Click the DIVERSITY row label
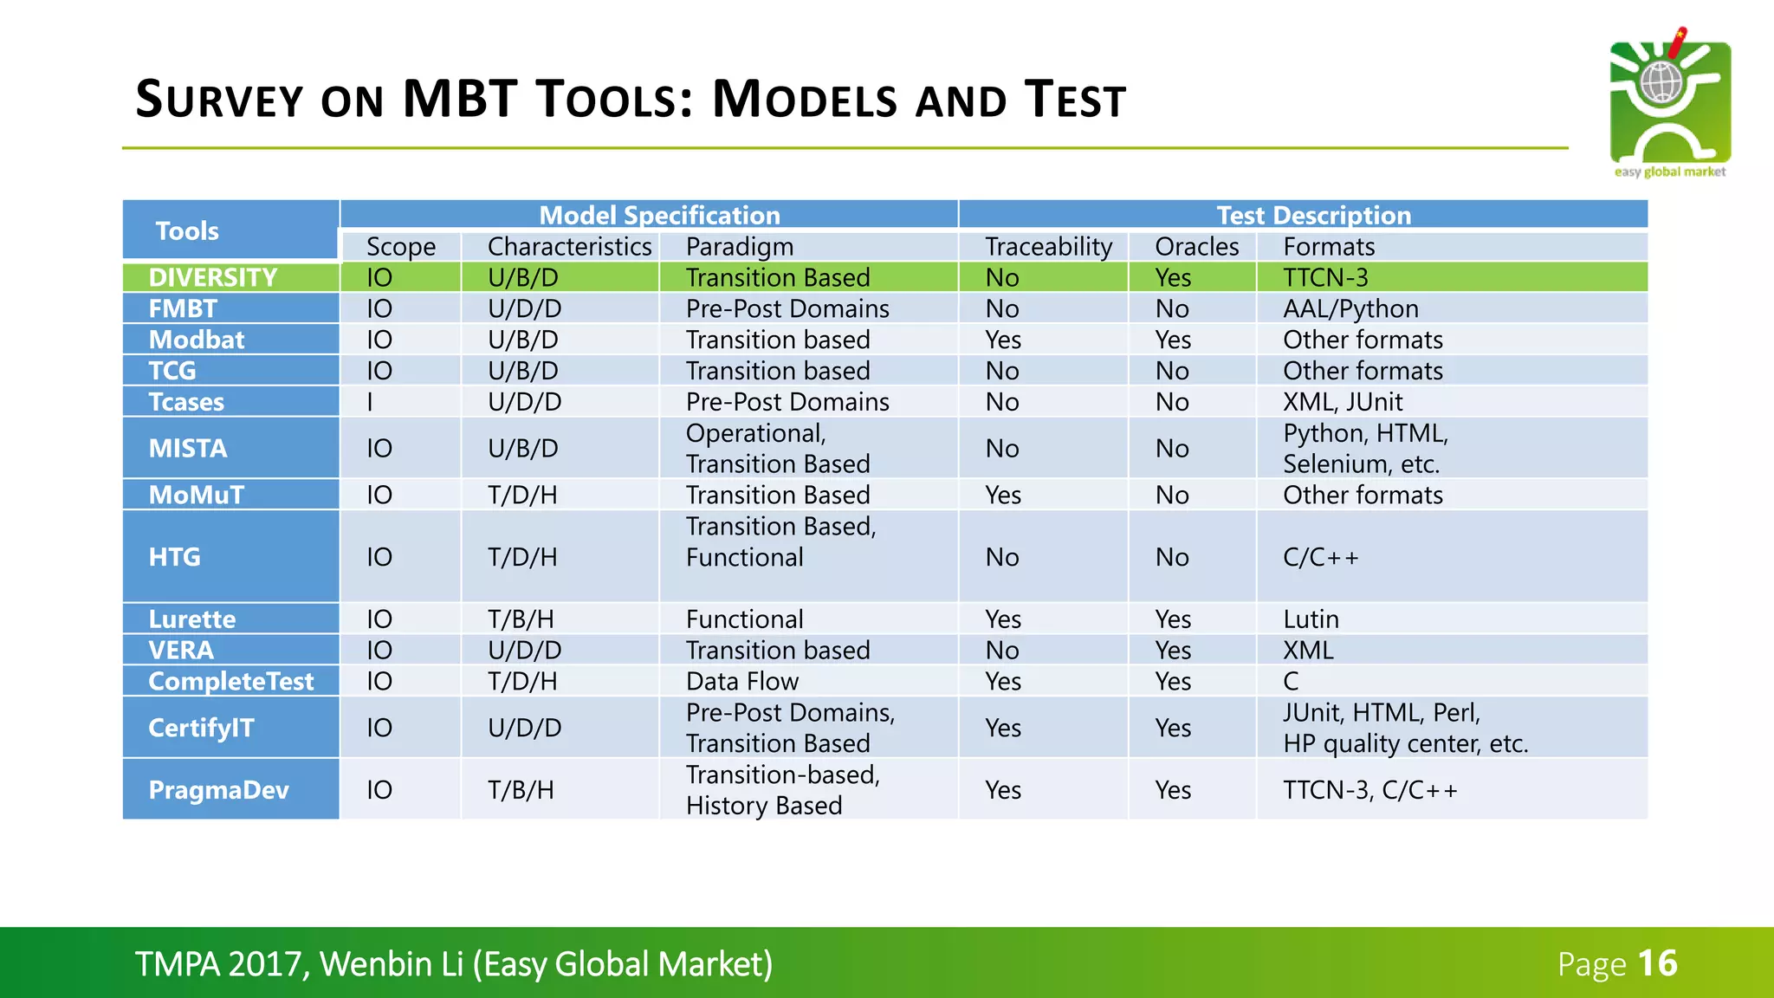[x=213, y=277]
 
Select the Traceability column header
[x=1048, y=247]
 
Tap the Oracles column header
[x=1196, y=247]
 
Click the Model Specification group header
[x=659, y=215]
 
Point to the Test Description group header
[x=1313, y=215]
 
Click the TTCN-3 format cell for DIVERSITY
[x=1325, y=277]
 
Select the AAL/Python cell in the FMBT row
[x=1350, y=308]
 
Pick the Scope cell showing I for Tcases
[x=371, y=402]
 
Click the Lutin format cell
[x=1311, y=619]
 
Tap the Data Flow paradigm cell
[x=742, y=682]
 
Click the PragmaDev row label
[x=218, y=790]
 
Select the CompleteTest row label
[x=230, y=682]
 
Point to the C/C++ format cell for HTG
[x=1320, y=557]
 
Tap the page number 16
[x=1658, y=963]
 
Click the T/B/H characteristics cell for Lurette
[x=521, y=619]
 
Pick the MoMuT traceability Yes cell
[x=1003, y=496]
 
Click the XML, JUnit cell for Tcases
[x=1342, y=402]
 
